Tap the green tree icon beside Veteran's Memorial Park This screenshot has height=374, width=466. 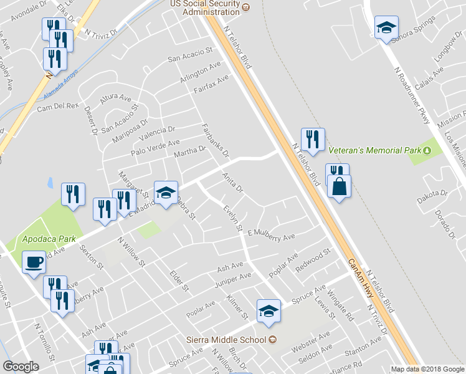click(427, 150)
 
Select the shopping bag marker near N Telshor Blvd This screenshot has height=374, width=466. click(338, 186)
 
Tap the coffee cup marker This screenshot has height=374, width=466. click(34, 262)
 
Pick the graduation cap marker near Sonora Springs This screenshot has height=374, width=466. click(386, 28)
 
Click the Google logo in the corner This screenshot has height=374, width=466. click(21, 367)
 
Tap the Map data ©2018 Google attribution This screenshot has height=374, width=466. click(427, 369)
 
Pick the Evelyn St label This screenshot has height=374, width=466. click(232, 219)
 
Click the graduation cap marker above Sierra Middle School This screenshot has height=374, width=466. click(269, 311)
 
